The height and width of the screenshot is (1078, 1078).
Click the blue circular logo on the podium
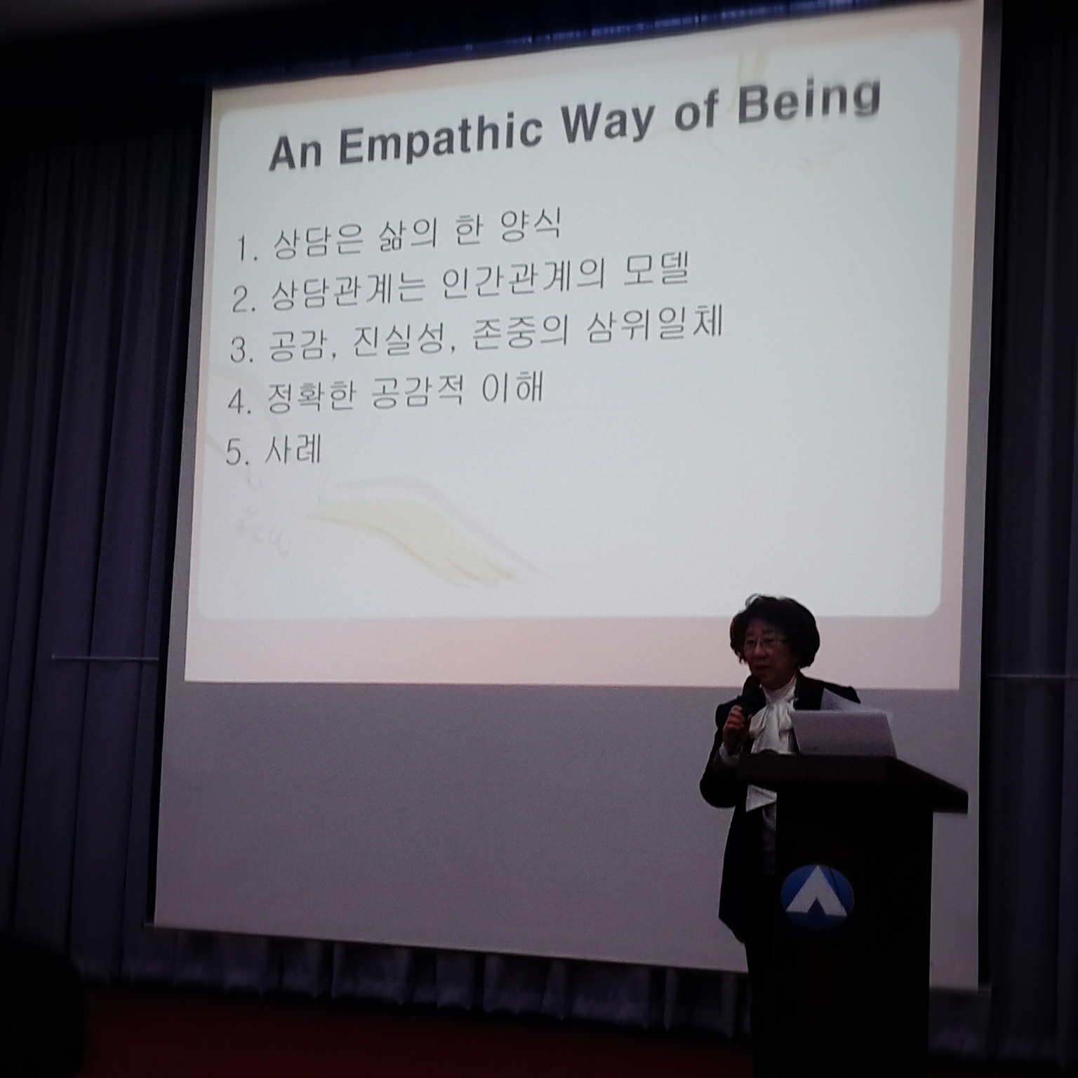[x=818, y=897]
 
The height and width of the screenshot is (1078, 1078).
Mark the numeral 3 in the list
[x=241, y=350]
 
